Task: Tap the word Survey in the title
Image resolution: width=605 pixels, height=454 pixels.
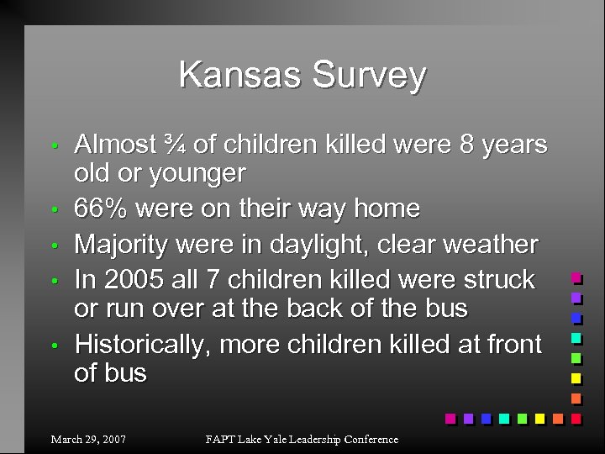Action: click(x=371, y=77)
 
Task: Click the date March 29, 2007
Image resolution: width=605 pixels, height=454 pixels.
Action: click(x=88, y=439)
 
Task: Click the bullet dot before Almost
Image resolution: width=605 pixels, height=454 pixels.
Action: click(x=53, y=146)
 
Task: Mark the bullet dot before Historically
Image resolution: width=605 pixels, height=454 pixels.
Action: click(x=53, y=346)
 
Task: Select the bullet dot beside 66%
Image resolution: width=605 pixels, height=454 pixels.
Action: click(x=53, y=209)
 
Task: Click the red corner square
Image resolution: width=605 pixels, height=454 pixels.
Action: click(x=576, y=418)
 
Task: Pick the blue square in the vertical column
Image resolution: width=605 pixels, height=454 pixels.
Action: click(x=576, y=318)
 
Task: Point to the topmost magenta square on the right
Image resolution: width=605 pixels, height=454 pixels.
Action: click(x=576, y=277)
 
